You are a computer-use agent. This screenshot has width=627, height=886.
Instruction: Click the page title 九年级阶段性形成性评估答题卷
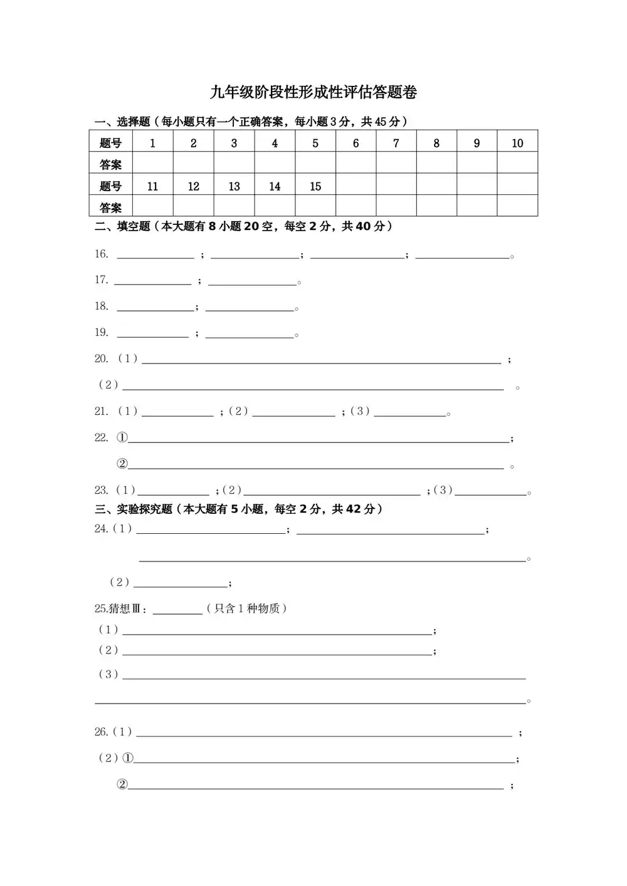click(x=313, y=93)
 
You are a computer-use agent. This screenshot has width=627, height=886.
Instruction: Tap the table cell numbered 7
click(x=396, y=143)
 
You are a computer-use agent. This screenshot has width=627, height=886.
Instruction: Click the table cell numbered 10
click(x=517, y=143)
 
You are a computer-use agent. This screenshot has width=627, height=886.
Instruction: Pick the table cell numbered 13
click(x=234, y=186)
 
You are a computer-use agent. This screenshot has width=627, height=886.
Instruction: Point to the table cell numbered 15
click(x=315, y=186)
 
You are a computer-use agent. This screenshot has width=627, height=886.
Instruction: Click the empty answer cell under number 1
click(x=152, y=164)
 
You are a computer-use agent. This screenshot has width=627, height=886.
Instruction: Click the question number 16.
click(x=102, y=254)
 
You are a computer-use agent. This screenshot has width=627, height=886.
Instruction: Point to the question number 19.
click(x=102, y=332)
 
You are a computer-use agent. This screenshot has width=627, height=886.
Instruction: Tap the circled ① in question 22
click(x=122, y=438)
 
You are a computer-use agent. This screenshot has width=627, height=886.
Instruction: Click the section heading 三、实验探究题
click(x=133, y=509)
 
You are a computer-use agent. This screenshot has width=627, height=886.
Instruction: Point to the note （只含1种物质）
click(x=246, y=608)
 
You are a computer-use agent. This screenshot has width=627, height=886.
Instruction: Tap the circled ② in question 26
click(x=122, y=784)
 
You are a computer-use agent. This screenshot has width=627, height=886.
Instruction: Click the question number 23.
click(x=102, y=490)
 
